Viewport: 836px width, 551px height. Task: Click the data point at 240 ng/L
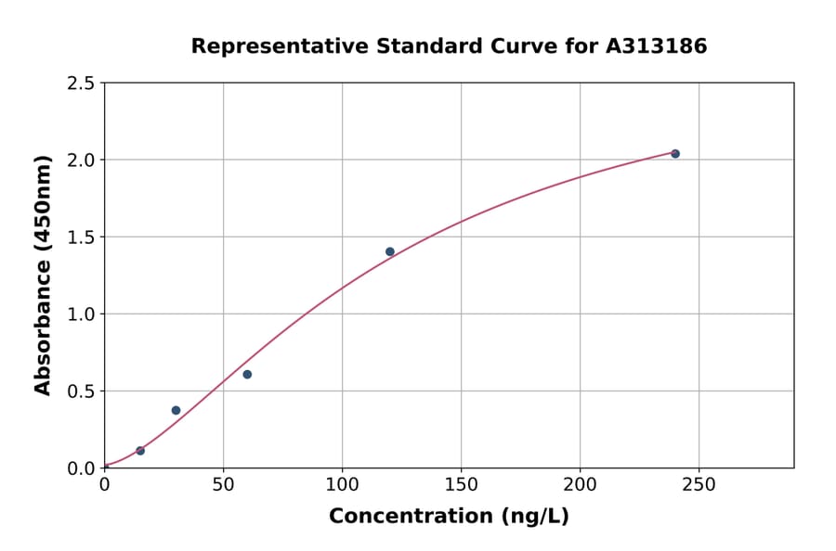675,154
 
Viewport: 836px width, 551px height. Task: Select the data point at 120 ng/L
390,251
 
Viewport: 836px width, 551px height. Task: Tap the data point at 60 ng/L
247,375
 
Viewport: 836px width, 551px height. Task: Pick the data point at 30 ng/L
176,410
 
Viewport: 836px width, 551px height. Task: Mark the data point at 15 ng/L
140,451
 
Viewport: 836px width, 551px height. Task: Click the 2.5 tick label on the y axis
82,83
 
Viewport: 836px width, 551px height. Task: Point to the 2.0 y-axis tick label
82,160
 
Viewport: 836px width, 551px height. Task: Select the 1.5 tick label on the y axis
82,237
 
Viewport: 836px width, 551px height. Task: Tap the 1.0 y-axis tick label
82,314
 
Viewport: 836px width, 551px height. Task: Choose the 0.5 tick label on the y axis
82,391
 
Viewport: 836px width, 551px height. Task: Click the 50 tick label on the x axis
223,485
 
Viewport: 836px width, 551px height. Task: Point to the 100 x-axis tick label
342,485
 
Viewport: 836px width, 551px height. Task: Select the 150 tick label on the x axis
461,485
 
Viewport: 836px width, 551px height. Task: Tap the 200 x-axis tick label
580,485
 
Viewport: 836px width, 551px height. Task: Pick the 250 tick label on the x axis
699,485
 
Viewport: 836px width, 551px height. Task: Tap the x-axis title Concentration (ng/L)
449,517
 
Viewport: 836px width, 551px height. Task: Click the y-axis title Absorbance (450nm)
44,275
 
